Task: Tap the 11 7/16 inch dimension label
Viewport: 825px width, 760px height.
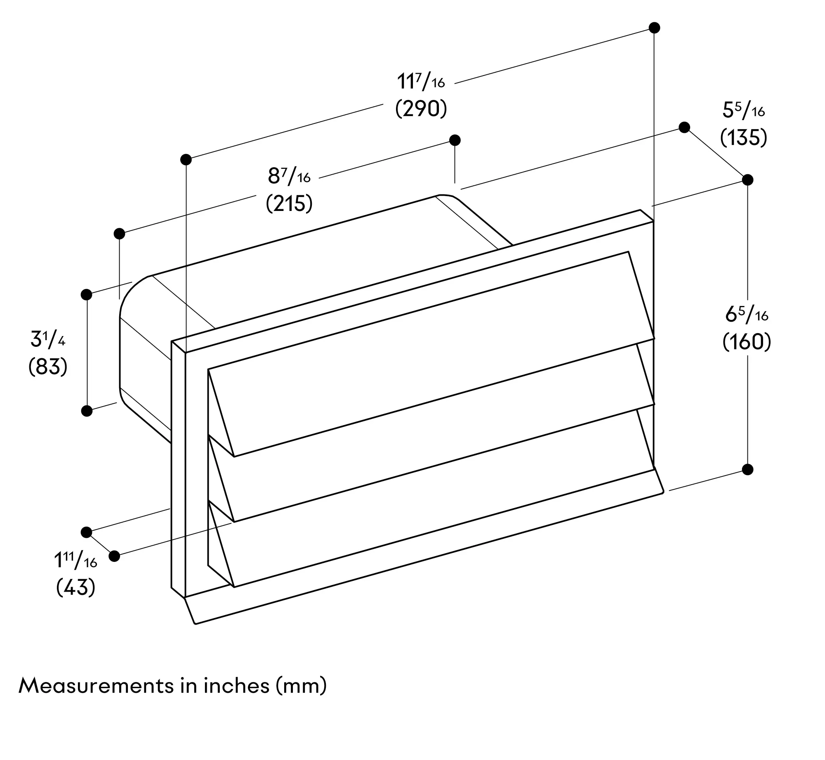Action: [x=421, y=81]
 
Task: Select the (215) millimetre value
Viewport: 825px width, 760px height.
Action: [x=289, y=204]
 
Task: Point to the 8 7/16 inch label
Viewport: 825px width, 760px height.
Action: [x=289, y=176]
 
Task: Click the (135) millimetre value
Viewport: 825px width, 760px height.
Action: [x=744, y=137]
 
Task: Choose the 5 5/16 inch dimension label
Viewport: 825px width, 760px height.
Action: [x=744, y=110]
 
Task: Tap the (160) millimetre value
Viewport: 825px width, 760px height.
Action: [x=747, y=342]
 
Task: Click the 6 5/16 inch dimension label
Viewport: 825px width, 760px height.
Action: [x=747, y=315]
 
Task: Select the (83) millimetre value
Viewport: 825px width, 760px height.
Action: [x=48, y=367]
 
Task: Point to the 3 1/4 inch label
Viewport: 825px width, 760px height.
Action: [x=48, y=339]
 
